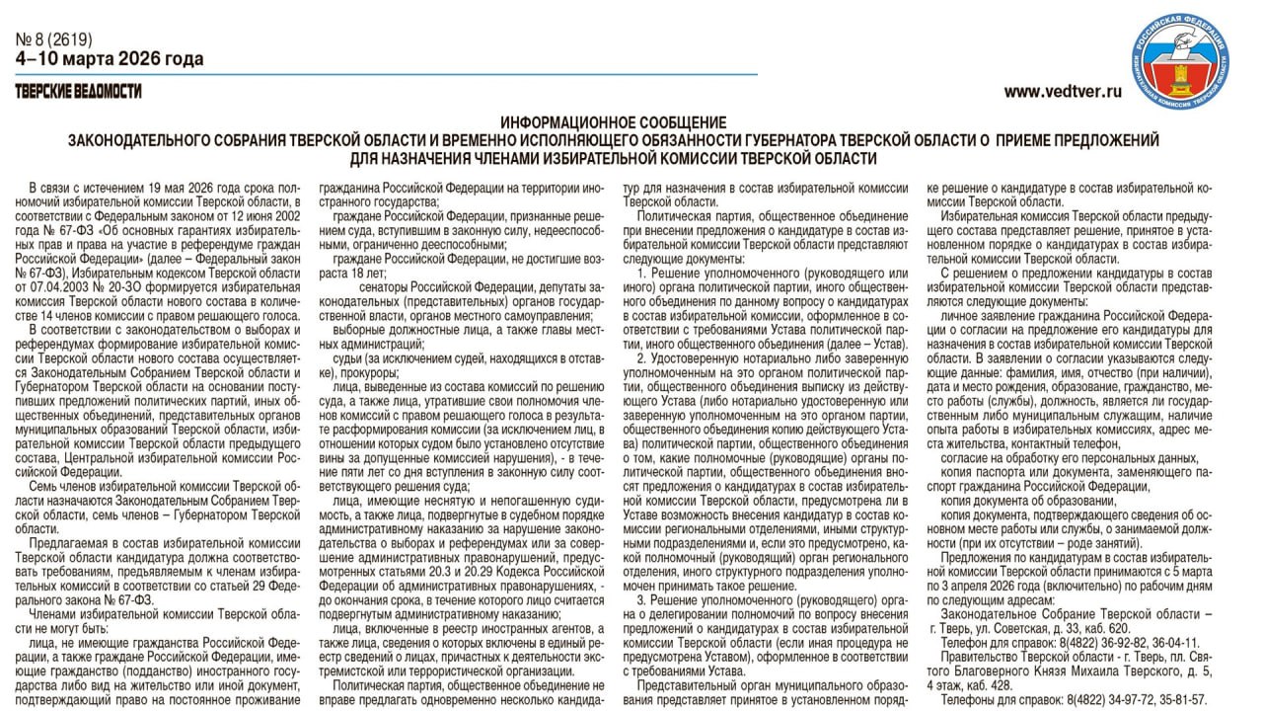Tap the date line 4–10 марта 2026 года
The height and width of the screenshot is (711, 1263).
click(x=110, y=59)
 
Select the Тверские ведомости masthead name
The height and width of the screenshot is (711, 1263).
click(x=78, y=92)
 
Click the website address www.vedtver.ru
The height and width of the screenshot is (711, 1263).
click(x=1063, y=92)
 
